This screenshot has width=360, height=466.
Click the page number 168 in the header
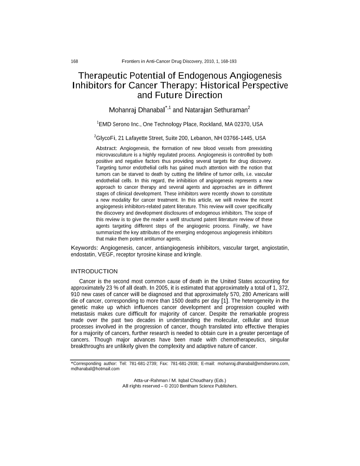[x=75, y=61]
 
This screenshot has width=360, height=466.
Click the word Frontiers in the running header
[x=131, y=61]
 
